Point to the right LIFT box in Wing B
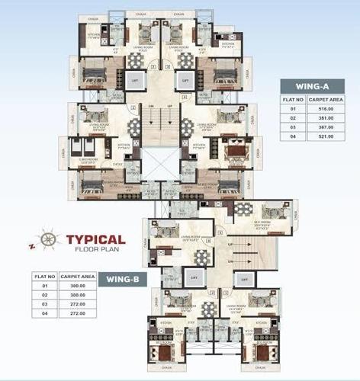[x=243, y=280]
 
